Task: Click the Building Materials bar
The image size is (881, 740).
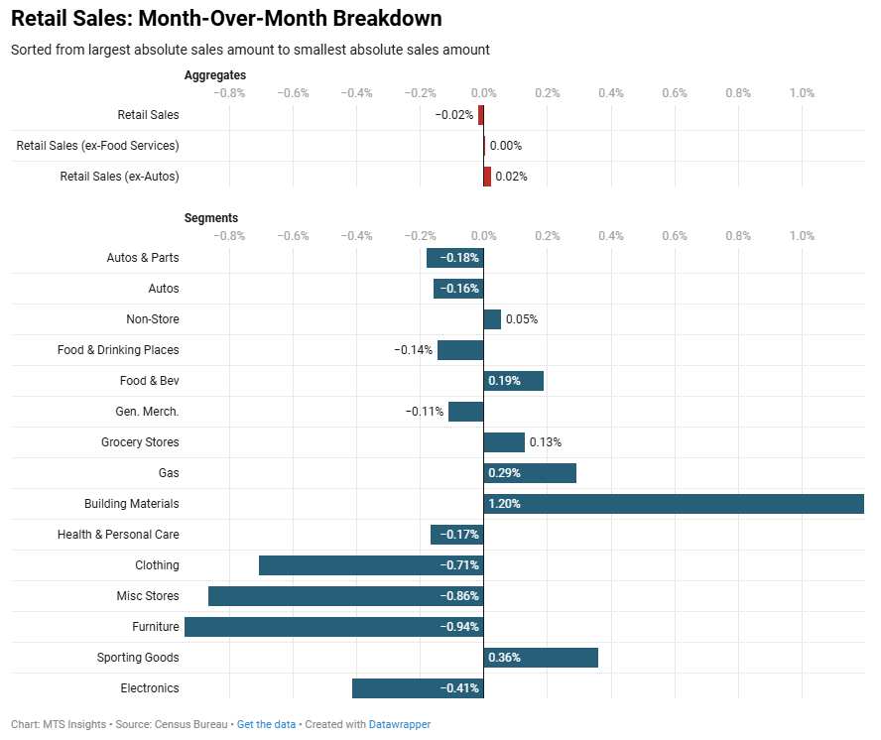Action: [x=674, y=504]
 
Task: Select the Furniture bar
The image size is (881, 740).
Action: [x=333, y=627]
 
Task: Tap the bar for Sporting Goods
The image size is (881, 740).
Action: [x=541, y=658]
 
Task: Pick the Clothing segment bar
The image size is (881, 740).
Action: [x=371, y=565]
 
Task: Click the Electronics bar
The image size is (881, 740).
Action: [x=418, y=688]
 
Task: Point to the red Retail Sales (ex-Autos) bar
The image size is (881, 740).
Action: [x=487, y=177]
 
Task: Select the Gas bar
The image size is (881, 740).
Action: [x=530, y=473]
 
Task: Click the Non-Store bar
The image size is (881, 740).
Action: [x=492, y=319]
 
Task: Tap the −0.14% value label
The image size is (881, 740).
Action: [x=413, y=350]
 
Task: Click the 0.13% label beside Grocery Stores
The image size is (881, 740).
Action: [x=545, y=442]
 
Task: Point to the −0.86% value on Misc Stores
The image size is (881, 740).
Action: [x=459, y=596]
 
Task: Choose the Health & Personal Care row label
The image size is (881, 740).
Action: [x=118, y=535]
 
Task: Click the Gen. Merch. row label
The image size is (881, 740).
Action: [x=147, y=412]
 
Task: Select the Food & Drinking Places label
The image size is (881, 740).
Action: [x=118, y=350]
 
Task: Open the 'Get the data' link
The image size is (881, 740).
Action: [x=266, y=724]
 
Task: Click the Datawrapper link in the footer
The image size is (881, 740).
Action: [x=400, y=724]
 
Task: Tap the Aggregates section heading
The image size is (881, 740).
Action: [x=215, y=75]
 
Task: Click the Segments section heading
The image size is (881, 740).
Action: [x=211, y=218]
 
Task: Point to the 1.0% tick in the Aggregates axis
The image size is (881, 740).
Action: [x=802, y=93]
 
